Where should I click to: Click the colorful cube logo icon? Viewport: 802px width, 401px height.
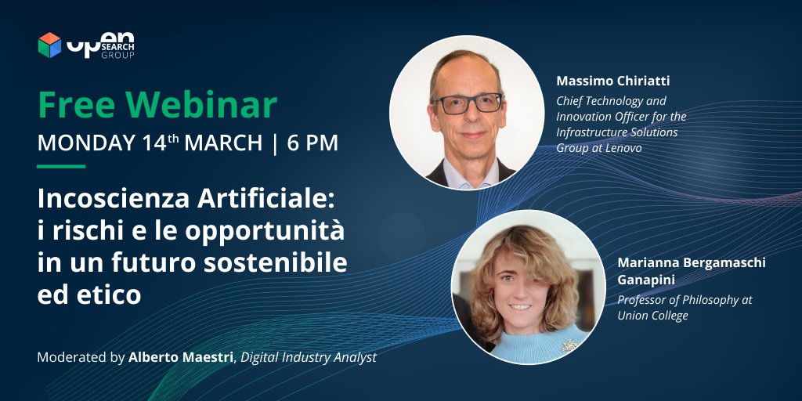(49, 45)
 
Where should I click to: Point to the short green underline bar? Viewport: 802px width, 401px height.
(61, 166)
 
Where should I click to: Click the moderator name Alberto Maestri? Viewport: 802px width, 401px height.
(181, 357)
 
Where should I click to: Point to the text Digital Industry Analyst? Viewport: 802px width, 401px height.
(309, 357)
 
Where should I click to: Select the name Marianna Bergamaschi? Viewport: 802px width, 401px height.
(692, 263)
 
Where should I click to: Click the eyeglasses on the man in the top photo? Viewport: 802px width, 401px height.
(467, 103)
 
